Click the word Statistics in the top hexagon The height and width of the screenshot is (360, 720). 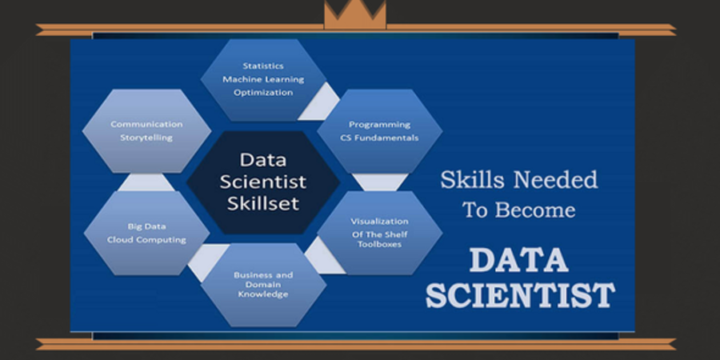click(x=263, y=66)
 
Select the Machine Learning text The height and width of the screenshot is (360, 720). click(x=263, y=79)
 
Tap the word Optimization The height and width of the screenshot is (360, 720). click(x=263, y=92)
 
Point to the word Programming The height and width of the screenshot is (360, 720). click(x=379, y=125)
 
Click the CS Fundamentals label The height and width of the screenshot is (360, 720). click(x=379, y=138)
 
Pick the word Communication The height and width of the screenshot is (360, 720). click(x=146, y=124)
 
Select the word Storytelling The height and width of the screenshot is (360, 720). click(x=146, y=138)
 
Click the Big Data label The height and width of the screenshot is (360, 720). click(x=146, y=226)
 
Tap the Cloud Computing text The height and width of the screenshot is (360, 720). click(x=146, y=240)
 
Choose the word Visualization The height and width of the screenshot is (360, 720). click(x=379, y=222)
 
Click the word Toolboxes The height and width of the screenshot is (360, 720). click(x=379, y=244)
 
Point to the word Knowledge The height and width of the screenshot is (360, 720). click(x=263, y=294)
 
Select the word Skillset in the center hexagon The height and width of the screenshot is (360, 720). click(x=263, y=203)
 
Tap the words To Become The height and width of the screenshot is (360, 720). click(x=519, y=210)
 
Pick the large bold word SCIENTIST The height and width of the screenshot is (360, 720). click(x=520, y=296)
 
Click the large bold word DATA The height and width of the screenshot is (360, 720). click(x=519, y=260)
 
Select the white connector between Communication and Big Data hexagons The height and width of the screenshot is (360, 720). click(x=146, y=182)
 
